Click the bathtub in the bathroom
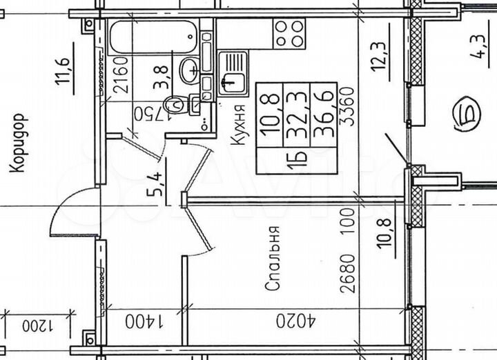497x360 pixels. tap(154, 37)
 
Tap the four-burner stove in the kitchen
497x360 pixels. tap(289, 34)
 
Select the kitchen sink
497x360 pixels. tap(233, 74)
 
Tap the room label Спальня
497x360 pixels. tap(273, 258)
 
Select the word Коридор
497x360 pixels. tap(17, 143)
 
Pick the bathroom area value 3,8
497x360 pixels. tap(162, 77)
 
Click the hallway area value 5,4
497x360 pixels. tap(155, 183)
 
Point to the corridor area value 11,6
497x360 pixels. tap(63, 71)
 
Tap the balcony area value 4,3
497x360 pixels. tap(478, 47)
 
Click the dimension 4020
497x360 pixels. tap(295, 321)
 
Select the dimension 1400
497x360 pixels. tap(144, 321)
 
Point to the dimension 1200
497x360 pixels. tap(39, 326)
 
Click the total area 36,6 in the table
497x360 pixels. tap(324, 114)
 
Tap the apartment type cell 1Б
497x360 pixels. tap(297, 161)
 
